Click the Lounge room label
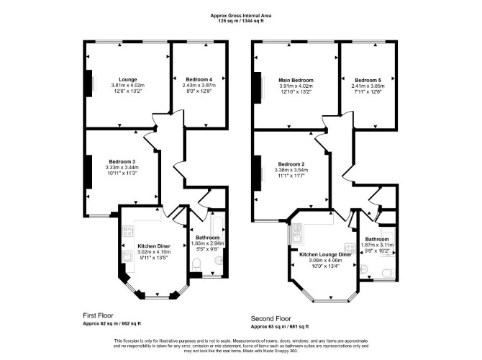click(x=128, y=80)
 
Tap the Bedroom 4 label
click(x=199, y=79)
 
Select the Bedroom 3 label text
click(x=122, y=161)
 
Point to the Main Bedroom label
click(x=296, y=80)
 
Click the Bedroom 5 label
click(x=368, y=80)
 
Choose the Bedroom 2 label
click(x=291, y=164)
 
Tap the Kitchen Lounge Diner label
click(x=326, y=254)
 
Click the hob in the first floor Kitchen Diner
click(x=128, y=231)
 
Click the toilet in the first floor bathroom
click(x=196, y=265)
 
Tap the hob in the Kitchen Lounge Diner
click(x=350, y=248)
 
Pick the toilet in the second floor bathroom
click(x=388, y=273)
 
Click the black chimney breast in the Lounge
click(x=88, y=84)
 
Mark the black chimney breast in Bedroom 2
click(x=258, y=174)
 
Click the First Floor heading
click(x=98, y=315)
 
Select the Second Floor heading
click(x=270, y=318)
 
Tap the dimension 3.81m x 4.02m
click(x=128, y=85)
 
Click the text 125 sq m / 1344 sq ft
click(x=241, y=21)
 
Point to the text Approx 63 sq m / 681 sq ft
click(x=280, y=327)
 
